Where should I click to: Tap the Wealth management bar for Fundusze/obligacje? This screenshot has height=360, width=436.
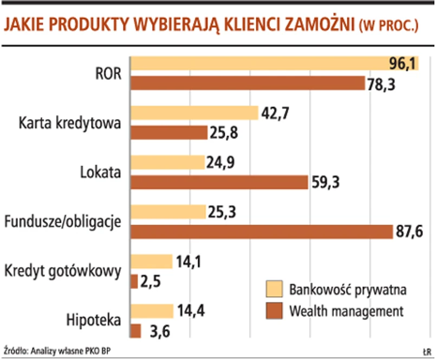pyautogui.click(x=261, y=232)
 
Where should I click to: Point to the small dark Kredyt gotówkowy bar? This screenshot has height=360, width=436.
pyautogui.click(x=134, y=282)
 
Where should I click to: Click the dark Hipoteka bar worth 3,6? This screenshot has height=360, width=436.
pyautogui.click(x=136, y=331)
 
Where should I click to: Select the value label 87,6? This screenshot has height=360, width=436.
pyautogui.click(x=409, y=233)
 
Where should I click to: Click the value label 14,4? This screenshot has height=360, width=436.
pyautogui.click(x=189, y=311)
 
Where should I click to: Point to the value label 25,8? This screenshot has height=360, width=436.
pyautogui.click(x=224, y=133)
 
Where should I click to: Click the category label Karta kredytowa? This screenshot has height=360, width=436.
pyautogui.click(x=70, y=122)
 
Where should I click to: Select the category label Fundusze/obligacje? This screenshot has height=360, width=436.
pyautogui.click(x=62, y=221)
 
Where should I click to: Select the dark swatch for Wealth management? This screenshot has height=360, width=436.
pyautogui.click(x=275, y=311)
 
